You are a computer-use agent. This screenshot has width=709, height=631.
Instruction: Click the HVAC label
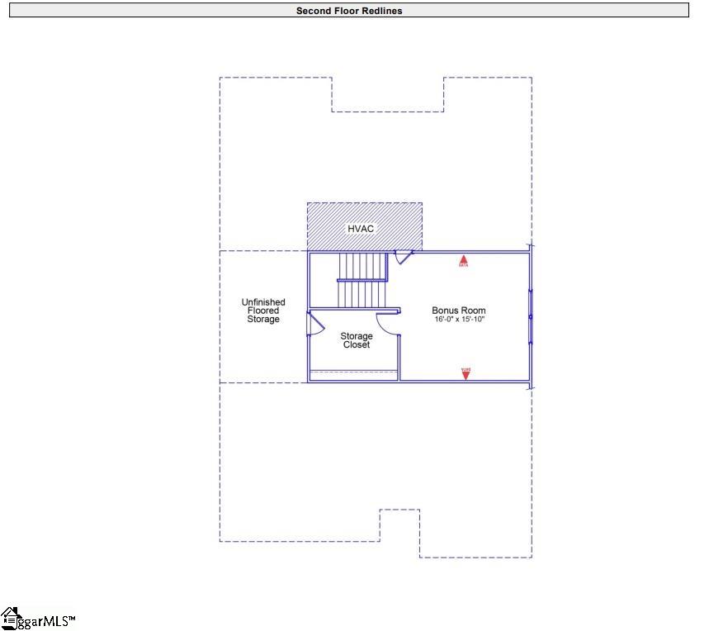point(362,227)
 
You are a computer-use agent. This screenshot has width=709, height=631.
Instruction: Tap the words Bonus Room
point(459,311)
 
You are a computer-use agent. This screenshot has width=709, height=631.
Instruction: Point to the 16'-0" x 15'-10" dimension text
point(459,319)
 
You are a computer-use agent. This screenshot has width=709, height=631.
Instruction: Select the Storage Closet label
point(357,340)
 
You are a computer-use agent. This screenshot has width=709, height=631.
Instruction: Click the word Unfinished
point(263,302)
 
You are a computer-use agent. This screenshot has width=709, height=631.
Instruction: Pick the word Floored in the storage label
point(263,311)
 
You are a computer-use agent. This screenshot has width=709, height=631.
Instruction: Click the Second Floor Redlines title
point(349,11)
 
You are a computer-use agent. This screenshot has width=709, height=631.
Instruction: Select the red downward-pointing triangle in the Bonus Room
point(466,373)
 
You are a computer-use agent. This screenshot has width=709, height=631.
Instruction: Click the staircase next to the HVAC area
point(362,280)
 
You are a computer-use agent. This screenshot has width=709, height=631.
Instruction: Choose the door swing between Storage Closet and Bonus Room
point(388,324)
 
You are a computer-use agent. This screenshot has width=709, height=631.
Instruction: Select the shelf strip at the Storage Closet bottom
point(353,376)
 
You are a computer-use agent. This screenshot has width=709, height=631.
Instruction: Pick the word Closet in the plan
point(357,344)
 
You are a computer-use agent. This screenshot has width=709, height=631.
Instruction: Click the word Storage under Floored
point(263,320)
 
